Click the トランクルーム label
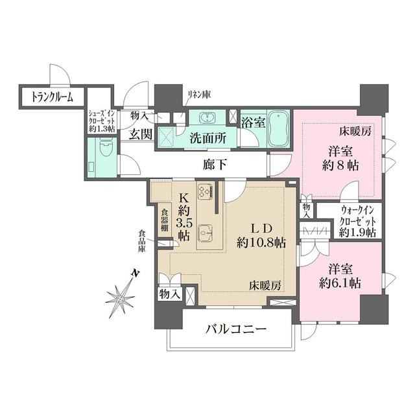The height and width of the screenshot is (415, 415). pos(48,97)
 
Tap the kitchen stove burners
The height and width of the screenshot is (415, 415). pos(206,193)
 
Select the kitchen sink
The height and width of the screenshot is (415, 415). pos(206,231)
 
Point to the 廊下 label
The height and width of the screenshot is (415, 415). pos(215,165)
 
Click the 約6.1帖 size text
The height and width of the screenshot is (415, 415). pos(339,283)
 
